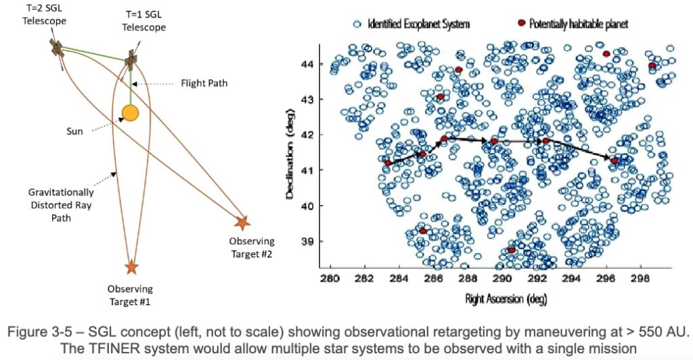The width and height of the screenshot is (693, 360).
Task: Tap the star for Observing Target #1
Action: coord(131,268)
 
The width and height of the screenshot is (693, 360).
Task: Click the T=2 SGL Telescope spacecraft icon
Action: coord(57,47)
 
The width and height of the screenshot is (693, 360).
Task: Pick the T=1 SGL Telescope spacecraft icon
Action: coord(131,61)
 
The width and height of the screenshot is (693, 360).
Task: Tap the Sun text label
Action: coord(74,131)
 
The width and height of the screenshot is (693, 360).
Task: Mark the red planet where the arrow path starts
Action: coord(388,163)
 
